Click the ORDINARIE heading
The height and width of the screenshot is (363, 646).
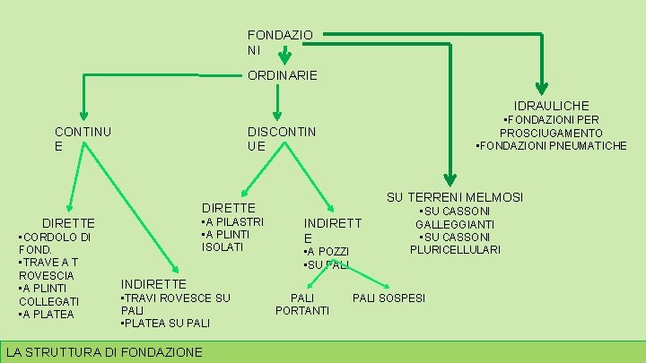tap(282, 77)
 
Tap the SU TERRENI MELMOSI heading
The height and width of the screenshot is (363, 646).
tap(455, 197)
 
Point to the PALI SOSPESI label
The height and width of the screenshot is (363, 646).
tap(388, 298)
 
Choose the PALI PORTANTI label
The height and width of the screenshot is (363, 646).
tap(302, 304)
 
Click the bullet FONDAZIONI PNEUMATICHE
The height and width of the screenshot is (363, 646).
tap(551, 146)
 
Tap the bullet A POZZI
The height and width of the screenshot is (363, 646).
tap(327, 252)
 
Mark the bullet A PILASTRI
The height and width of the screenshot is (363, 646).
tap(232, 221)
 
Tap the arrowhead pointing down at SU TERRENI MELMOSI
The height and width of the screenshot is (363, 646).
tap(450, 181)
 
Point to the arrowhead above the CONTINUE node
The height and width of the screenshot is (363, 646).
tap(82, 115)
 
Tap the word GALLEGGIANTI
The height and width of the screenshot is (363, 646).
tap(455, 224)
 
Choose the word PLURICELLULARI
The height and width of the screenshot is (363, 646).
tap(455, 249)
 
